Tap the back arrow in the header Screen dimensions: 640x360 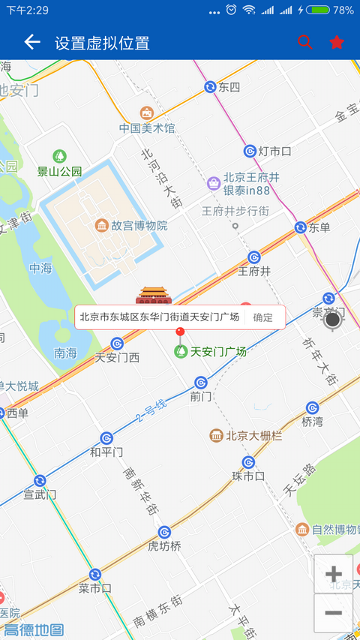point(31,42)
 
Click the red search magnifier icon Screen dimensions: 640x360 point(304,42)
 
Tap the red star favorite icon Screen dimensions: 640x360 point(337,42)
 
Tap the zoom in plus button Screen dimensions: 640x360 point(334,575)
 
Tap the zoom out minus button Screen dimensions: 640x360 point(334,613)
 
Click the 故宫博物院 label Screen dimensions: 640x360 point(139,225)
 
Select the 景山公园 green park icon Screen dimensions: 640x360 point(59,157)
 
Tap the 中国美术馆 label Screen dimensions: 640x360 point(147,128)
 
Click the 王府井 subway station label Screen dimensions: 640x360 point(253,271)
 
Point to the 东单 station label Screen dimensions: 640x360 point(319,227)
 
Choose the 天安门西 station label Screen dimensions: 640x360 point(117,357)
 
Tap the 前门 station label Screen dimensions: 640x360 point(202,396)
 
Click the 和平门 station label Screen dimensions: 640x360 point(106,452)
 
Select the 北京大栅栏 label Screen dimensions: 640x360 point(253,435)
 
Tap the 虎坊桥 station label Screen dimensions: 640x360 point(164,545)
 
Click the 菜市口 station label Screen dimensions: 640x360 point(95,588)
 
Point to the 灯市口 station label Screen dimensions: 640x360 point(274,152)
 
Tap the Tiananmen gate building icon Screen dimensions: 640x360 point(154,295)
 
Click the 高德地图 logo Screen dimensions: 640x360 point(34,630)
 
